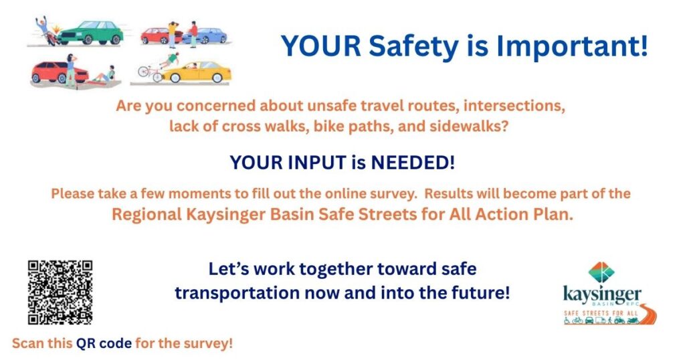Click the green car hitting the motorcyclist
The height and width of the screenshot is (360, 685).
tap(90, 33)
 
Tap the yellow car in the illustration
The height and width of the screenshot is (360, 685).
tap(197, 72)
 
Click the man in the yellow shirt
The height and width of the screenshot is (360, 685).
tap(173, 34)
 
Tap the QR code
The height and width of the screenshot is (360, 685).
tap(60, 292)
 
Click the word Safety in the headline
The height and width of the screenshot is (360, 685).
tap(413, 46)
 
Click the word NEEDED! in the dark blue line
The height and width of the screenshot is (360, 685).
tap(413, 163)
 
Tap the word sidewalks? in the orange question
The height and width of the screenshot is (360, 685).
tap(469, 126)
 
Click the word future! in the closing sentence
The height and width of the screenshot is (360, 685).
tap(484, 292)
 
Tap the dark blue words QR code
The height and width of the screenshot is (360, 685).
tap(104, 343)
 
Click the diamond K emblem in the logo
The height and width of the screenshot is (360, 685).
tap(601, 272)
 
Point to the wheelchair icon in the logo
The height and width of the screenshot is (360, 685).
tap(567, 321)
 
